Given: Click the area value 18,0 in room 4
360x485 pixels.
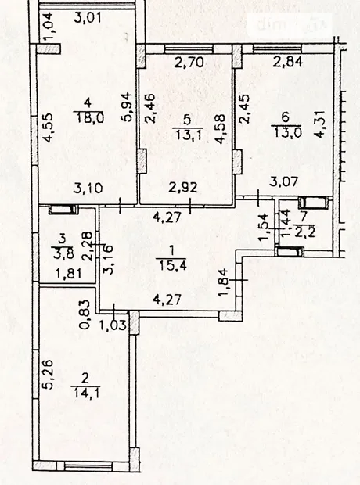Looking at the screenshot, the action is tap(89, 118).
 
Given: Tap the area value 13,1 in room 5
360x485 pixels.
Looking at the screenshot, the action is tap(188, 135).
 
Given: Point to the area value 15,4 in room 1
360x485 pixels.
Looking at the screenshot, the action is tap(173, 265).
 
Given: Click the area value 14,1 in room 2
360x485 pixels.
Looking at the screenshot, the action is tap(86, 393).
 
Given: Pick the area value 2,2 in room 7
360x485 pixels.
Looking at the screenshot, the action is tap(305, 232).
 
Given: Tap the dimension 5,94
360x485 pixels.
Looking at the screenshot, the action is tap(128, 107).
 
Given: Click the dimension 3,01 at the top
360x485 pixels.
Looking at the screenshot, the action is tap(88, 17).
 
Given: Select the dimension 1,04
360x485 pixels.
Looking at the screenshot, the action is tap(49, 26).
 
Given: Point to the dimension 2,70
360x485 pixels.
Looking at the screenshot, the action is tap(189, 63).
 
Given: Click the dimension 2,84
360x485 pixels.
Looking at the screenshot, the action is tap(287, 62).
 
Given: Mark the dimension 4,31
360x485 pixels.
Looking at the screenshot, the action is tap(320, 124).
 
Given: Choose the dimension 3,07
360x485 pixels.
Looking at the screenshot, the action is tap(283, 181).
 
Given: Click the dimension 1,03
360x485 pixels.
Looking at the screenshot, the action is tap(113, 325).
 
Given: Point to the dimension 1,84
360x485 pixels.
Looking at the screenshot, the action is tap(225, 282).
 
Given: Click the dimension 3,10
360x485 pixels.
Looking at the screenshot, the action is tap(88, 188).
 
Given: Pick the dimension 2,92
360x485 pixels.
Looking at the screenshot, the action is tap(183, 188).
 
